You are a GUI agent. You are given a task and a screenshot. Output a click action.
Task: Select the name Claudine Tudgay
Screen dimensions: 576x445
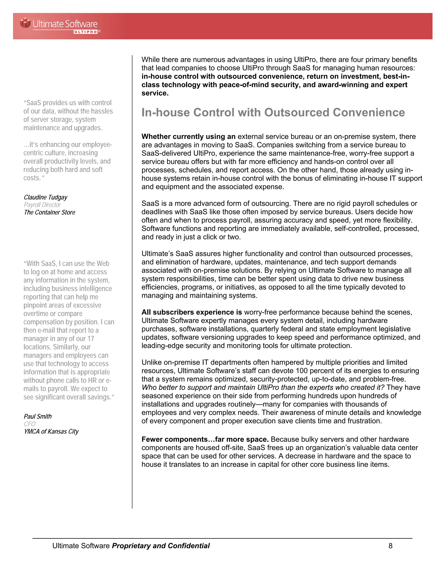(46, 197)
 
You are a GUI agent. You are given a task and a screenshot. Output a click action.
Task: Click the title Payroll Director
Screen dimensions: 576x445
(42, 205)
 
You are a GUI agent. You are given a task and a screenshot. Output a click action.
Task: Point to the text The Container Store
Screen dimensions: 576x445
(50, 212)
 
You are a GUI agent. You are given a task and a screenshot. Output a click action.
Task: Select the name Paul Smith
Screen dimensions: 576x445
(38, 416)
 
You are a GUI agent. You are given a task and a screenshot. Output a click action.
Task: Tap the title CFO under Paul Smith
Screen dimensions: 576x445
(30, 424)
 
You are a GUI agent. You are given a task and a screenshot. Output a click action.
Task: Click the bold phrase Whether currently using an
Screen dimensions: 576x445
(188, 137)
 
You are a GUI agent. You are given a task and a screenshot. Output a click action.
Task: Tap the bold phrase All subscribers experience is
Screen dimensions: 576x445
(192, 312)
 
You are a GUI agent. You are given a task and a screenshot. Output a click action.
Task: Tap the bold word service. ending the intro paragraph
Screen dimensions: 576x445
(155, 93)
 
